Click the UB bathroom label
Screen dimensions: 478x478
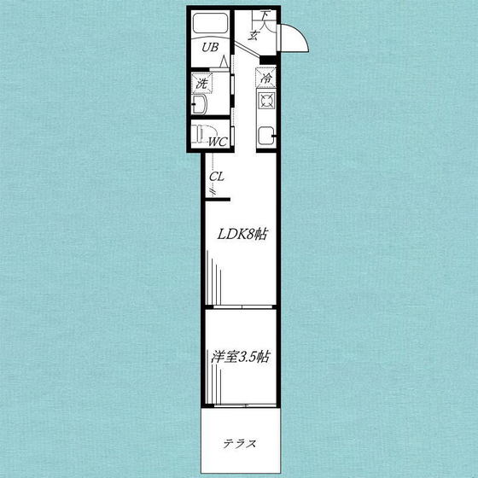[209, 49]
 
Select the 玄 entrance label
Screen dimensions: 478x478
[254, 35]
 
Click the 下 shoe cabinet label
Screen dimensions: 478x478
[265, 15]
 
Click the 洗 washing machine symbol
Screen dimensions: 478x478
[202, 84]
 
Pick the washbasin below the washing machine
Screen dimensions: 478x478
[200, 106]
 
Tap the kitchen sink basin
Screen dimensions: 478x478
[266, 133]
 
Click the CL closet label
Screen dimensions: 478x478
[216, 178]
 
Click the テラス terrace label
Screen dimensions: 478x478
[240, 443]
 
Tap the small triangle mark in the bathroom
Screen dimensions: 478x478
[223, 62]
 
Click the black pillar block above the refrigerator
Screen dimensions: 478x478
[268, 60]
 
